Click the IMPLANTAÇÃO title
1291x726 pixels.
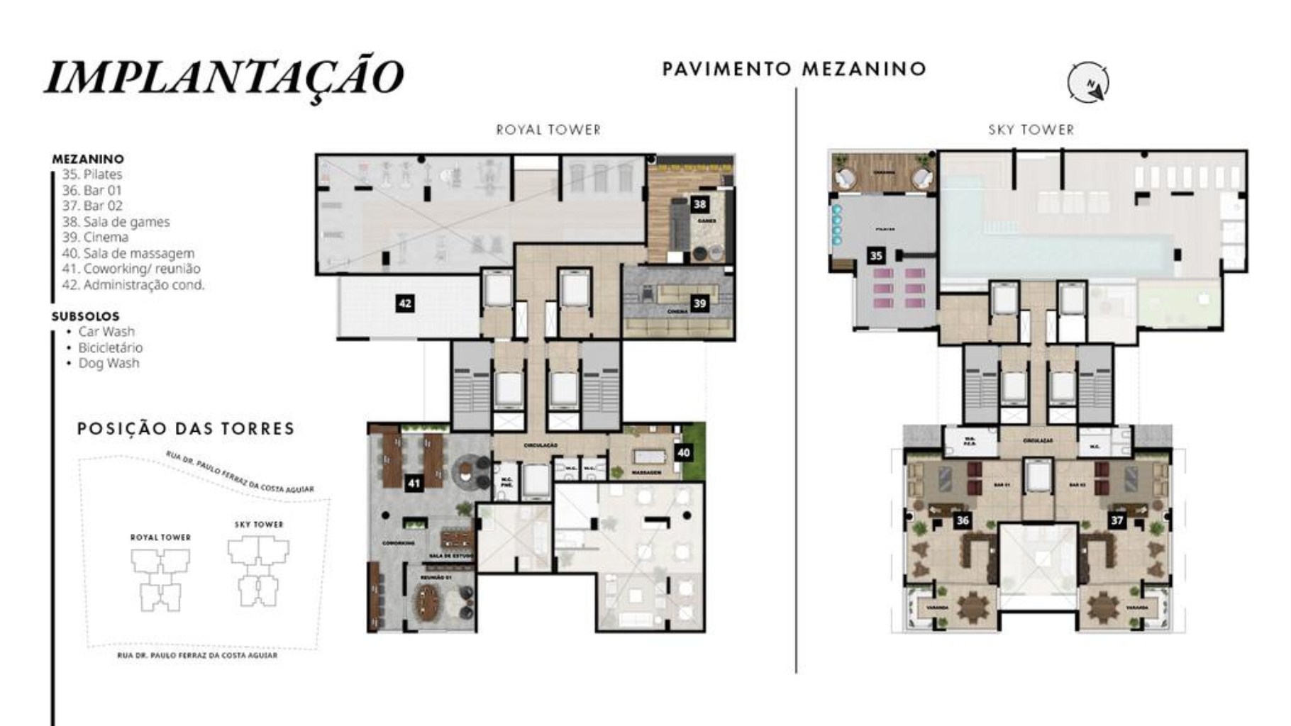coord(224,76)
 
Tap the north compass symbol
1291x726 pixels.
coord(1088,83)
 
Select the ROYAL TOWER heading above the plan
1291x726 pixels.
coord(548,130)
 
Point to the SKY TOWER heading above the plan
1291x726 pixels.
coord(1031,130)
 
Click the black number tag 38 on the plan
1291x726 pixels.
coord(699,204)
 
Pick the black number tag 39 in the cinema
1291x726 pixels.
coord(699,303)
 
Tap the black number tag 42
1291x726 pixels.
coord(405,303)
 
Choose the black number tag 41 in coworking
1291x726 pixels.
coord(414,484)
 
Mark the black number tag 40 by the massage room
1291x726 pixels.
coord(683,452)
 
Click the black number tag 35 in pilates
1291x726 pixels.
coord(876,255)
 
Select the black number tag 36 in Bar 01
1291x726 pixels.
coord(962,520)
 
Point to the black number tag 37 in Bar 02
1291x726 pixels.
coord(1117,520)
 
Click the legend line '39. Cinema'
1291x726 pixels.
coord(96,238)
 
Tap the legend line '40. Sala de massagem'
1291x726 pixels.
coord(128,253)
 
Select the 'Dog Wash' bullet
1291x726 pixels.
coord(109,363)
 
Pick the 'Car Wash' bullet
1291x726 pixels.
coord(106,332)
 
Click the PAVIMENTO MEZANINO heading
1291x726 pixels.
coord(794,69)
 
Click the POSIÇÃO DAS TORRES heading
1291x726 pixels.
coord(186,429)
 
